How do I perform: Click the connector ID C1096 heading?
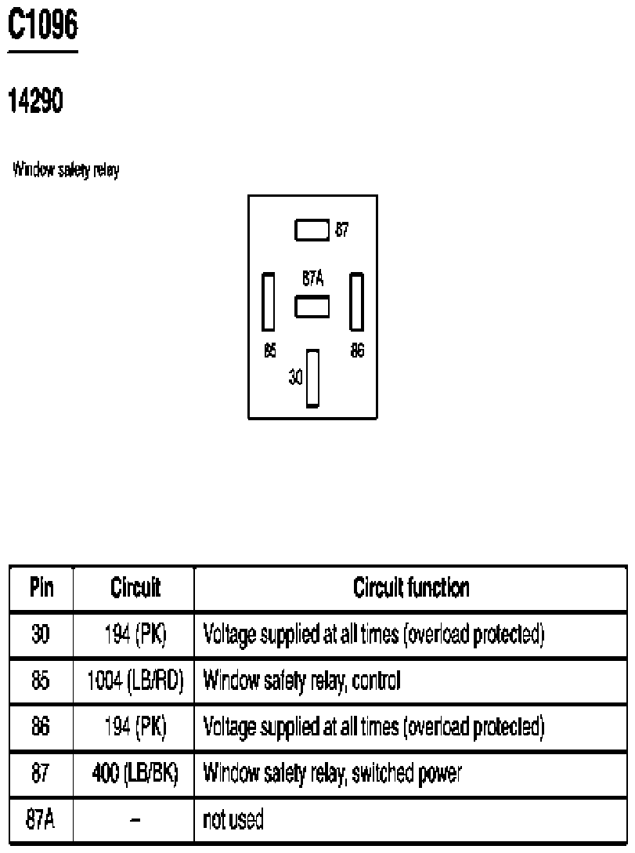[43, 24]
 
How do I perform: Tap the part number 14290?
[36, 100]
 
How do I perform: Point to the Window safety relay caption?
[66, 170]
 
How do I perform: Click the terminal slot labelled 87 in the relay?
[312, 230]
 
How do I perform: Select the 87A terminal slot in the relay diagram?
[312, 307]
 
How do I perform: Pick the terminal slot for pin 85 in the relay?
[269, 302]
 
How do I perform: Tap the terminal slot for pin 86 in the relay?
[356, 302]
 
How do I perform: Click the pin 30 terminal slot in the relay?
[312, 378]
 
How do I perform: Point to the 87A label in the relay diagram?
[313, 278]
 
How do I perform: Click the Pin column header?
[41, 587]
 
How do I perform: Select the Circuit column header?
[135, 587]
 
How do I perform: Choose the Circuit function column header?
[411, 587]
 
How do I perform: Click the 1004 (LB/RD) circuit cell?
[135, 681]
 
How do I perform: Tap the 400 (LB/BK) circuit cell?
[135, 773]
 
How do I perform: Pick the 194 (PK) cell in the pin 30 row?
[135, 634]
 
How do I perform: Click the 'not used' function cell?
[233, 819]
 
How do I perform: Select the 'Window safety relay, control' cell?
[301, 681]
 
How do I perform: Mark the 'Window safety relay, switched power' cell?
[332, 773]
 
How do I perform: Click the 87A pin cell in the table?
[40, 819]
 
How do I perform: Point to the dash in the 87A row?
[135, 820]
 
